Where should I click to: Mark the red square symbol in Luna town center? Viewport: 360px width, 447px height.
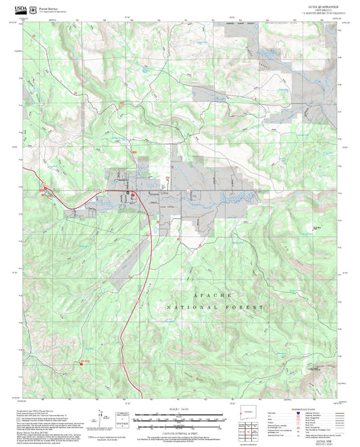133,194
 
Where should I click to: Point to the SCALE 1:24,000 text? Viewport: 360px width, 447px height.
180,410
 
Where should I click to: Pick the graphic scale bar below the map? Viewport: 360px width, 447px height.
180,419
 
